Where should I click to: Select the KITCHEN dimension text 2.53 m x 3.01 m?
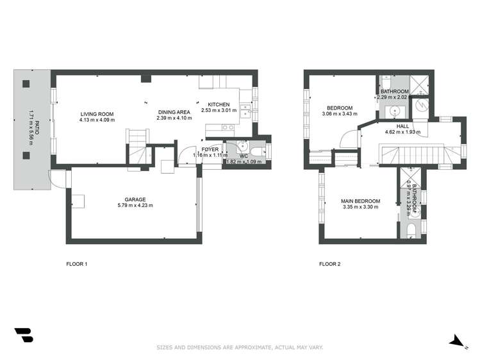(219, 110)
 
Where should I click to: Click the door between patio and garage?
(56, 179)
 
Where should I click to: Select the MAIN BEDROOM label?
(361, 201)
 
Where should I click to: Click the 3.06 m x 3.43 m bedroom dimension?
(340, 114)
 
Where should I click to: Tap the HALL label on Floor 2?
(402, 126)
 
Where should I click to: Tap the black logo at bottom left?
(23, 335)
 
